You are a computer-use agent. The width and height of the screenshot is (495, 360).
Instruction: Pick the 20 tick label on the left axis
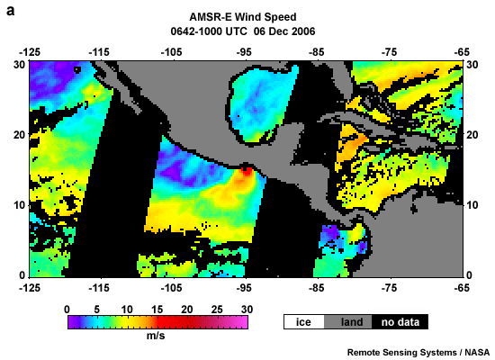[x=18, y=134]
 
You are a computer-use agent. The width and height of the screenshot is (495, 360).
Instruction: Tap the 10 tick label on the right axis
[x=475, y=205]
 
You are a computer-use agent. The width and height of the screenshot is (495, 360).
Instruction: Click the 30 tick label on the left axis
[x=18, y=64]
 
